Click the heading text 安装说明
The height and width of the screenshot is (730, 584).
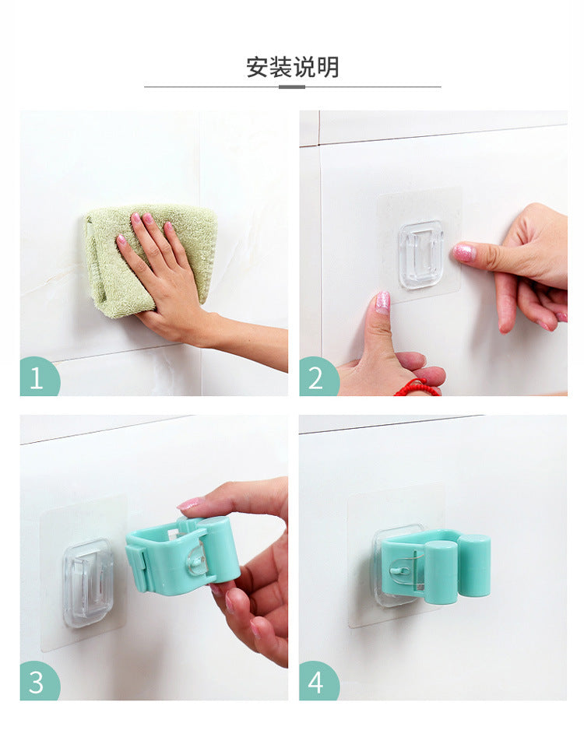pyautogui.click(x=293, y=67)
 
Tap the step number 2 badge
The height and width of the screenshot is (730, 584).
pyautogui.click(x=316, y=378)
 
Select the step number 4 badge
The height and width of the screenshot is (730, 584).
pyautogui.click(x=316, y=682)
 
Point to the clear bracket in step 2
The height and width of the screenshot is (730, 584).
pyautogui.click(x=421, y=254)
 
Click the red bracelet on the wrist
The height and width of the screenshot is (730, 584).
pyautogui.click(x=417, y=387)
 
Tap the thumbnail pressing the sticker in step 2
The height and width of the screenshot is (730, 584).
pyautogui.click(x=382, y=302)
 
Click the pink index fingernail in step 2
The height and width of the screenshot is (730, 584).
pyautogui.click(x=464, y=252)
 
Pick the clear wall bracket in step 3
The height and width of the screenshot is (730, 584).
pyautogui.click(x=88, y=582)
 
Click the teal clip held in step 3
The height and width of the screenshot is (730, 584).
pyautogui.click(x=183, y=554)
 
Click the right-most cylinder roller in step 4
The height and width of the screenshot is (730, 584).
pyautogui.click(x=474, y=566)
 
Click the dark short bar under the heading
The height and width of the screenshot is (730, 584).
pyautogui.click(x=292, y=87)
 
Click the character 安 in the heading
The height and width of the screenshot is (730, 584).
pyautogui.click(x=258, y=67)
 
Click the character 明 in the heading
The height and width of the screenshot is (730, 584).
pyautogui.click(x=329, y=67)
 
